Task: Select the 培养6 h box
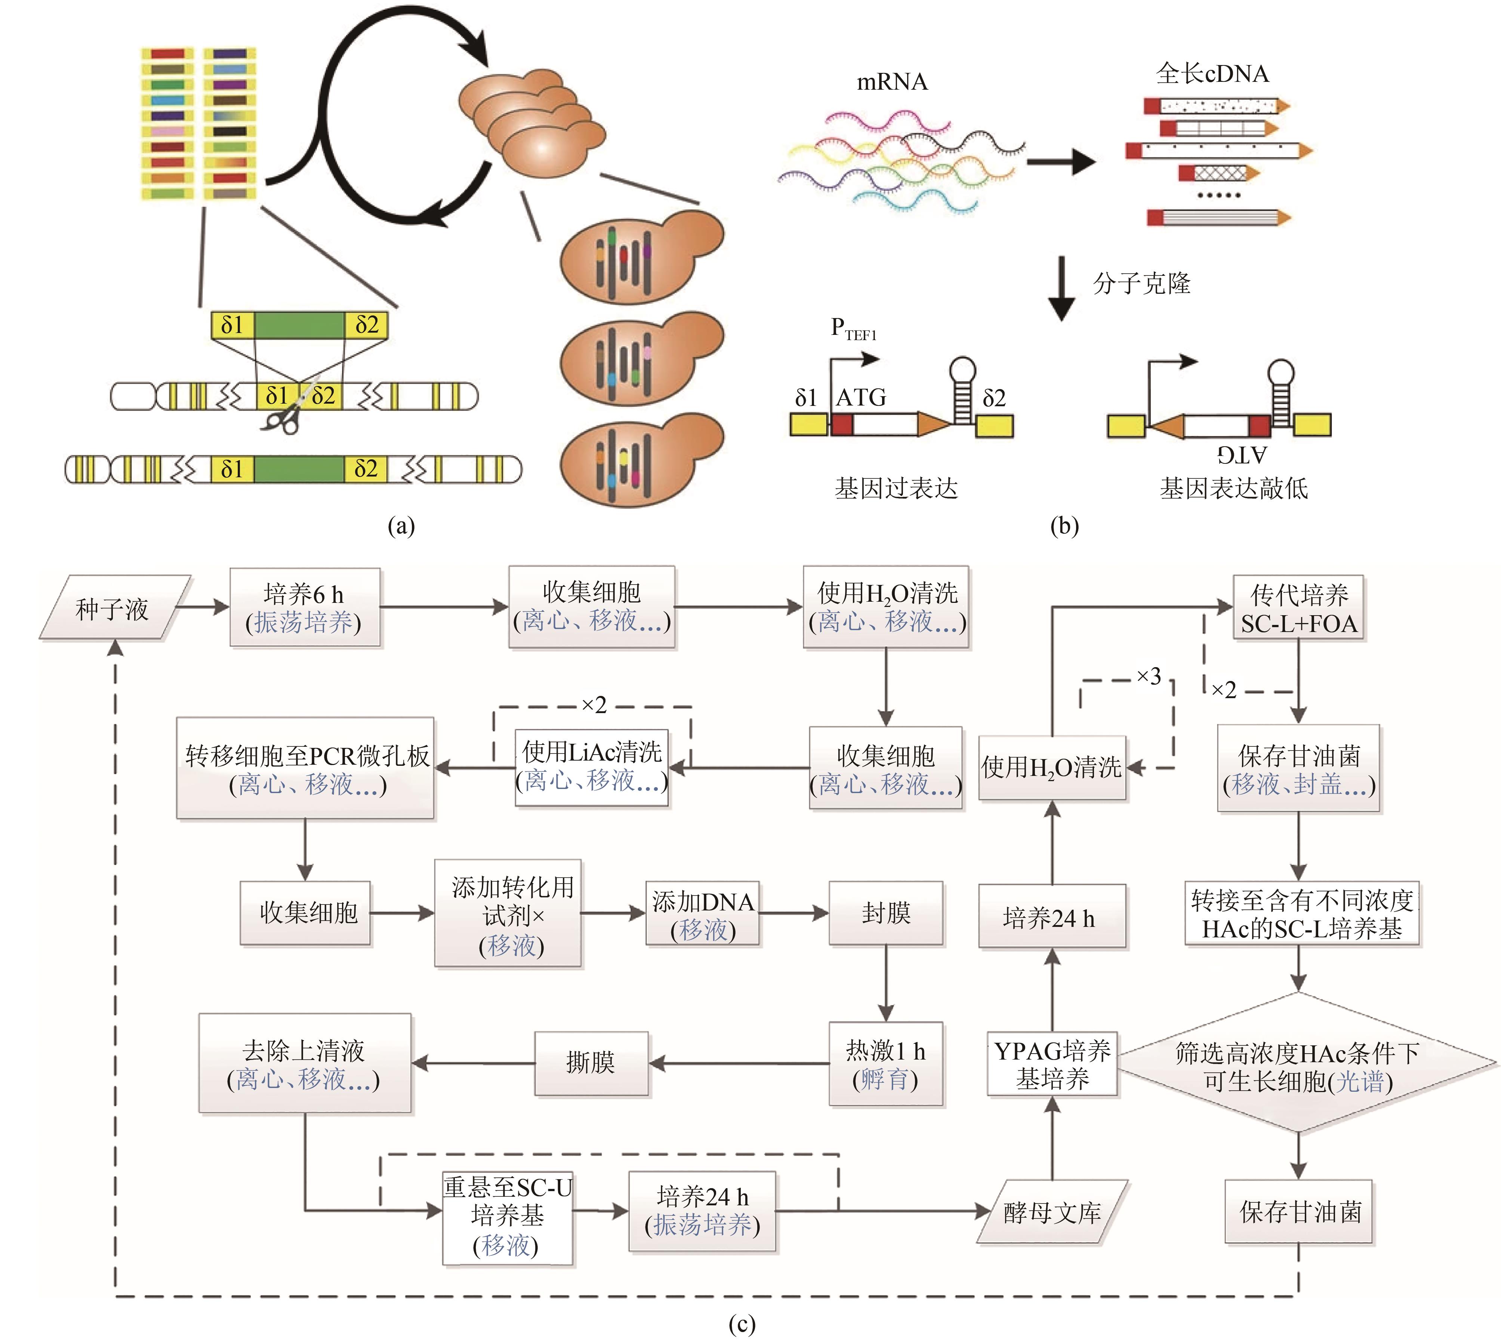[x=304, y=607]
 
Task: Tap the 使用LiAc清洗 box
[x=591, y=767]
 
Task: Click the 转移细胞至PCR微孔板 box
[x=305, y=768]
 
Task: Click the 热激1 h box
[x=885, y=1063]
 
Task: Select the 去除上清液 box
[x=304, y=1063]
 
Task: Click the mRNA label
[x=891, y=82]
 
